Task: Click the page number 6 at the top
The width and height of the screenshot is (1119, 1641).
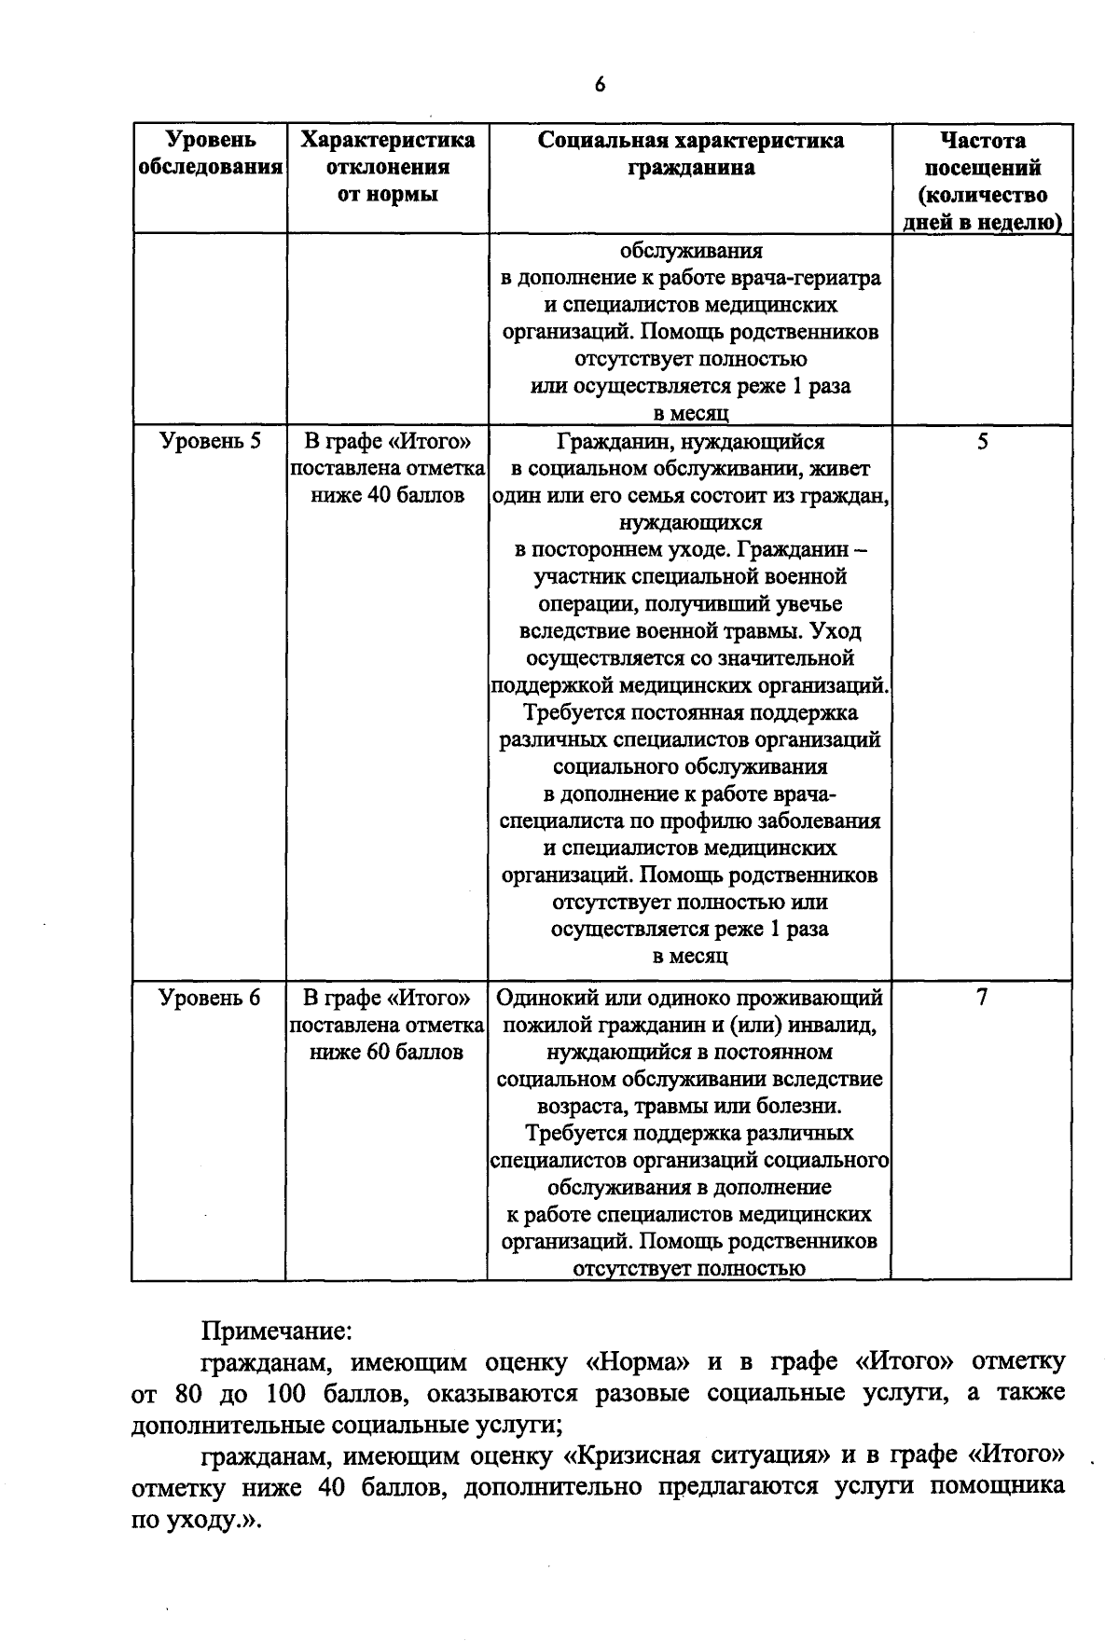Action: [x=600, y=85]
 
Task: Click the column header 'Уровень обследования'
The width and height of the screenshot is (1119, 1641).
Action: [x=210, y=154]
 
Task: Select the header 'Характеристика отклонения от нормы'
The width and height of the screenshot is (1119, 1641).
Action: [x=387, y=168]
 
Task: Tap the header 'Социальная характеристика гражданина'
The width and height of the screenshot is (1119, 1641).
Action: [x=690, y=154]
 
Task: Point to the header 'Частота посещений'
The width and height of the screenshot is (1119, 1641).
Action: [x=983, y=155]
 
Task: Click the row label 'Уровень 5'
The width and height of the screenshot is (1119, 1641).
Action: [x=210, y=441]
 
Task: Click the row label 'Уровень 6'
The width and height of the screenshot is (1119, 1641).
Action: [x=210, y=998]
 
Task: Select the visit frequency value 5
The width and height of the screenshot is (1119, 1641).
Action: [x=983, y=441]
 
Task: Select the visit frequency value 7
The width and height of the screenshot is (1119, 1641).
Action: [x=981, y=998]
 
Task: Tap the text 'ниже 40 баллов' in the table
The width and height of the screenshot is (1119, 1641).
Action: [x=387, y=495]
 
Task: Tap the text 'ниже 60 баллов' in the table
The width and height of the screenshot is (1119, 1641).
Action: [x=387, y=1052]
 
